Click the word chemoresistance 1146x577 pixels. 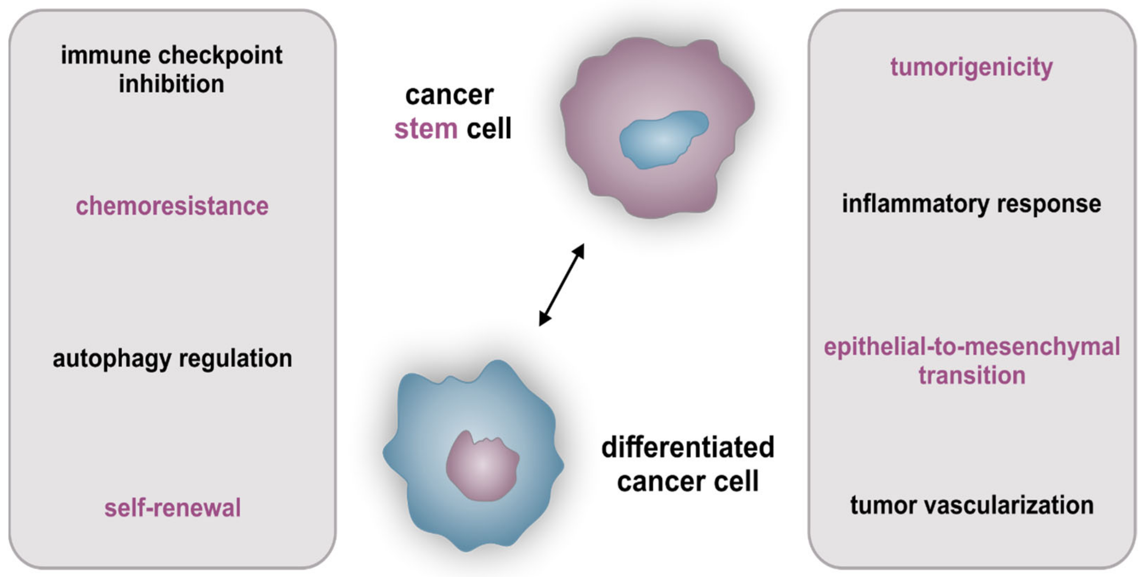click(x=172, y=206)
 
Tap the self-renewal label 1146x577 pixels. click(x=173, y=507)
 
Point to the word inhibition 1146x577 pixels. click(x=171, y=84)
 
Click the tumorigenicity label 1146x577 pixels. click(x=971, y=68)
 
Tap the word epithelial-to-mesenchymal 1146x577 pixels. click(x=972, y=347)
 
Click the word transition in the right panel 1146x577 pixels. click(x=972, y=375)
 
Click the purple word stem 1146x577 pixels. click(x=426, y=129)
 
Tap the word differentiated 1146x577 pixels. click(x=688, y=447)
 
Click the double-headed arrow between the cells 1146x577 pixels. click(x=561, y=284)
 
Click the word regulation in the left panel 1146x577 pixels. click(x=235, y=358)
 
